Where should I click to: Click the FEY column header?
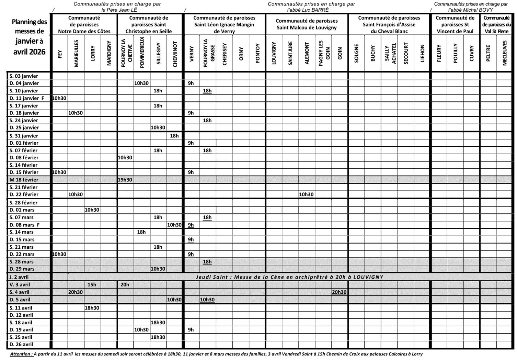[x=60, y=54]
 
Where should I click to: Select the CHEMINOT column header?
[x=175, y=54]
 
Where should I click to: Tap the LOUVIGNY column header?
[x=274, y=54]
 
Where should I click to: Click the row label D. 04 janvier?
[x=24, y=83]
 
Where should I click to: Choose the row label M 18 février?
[x=24, y=180]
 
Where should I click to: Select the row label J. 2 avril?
[x=19, y=277]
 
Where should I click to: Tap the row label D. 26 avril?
[x=21, y=344]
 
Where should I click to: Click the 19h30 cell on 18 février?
[x=125, y=180]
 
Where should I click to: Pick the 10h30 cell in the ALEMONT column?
[x=306, y=194]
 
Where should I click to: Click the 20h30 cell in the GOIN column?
[x=339, y=292]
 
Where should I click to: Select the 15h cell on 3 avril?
[x=92, y=284]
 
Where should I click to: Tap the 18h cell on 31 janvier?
[x=174, y=136]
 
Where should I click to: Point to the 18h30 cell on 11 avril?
[x=92, y=308]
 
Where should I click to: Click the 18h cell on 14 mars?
[x=141, y=232]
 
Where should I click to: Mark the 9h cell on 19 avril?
[x=191, y=330]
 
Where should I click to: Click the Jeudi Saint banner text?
[x=289, y=277]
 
